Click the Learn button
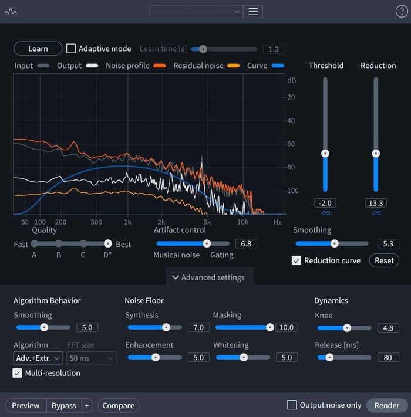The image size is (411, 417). tap(38, 49)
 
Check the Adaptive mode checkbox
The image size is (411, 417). tap(71, 49)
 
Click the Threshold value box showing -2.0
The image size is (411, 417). tap(325, 203)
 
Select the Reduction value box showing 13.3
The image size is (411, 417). tap(376, 203)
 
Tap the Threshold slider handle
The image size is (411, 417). tap(325, 154)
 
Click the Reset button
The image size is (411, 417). tap(384, 260)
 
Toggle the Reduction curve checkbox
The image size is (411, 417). tap(297, 260)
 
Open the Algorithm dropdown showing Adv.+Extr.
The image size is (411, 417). tap(38, 358)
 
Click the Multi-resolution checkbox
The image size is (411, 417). tap(17, 373)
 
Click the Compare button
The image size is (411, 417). tap(118, 406)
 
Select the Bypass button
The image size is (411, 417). tap(64, 406)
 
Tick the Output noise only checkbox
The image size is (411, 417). tap(292, 405)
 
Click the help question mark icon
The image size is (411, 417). tap(402, 11)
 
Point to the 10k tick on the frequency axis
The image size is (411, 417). tap(242, 222)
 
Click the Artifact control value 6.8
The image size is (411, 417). tap(246, 243)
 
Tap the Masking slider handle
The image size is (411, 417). tap(270, 327)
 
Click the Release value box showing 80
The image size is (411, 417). tap(388, 358)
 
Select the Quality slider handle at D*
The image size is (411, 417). tap(108, 243)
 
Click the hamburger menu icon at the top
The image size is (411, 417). tap(253, 12)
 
